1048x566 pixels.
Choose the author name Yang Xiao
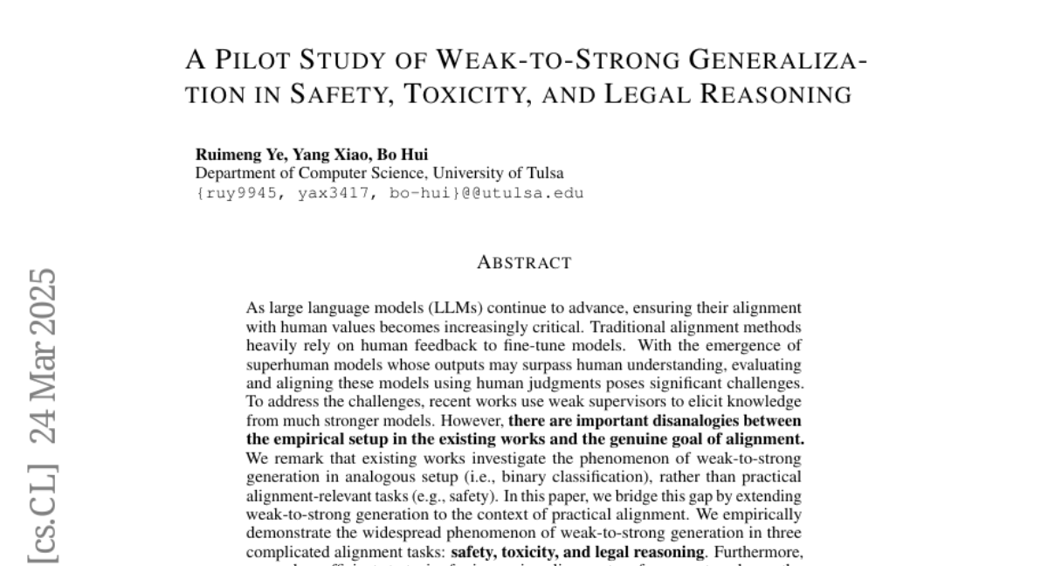pyautogui.click(x=328, y=155)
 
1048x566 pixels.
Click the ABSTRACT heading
pyautogui.click(x=524, y=263)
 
